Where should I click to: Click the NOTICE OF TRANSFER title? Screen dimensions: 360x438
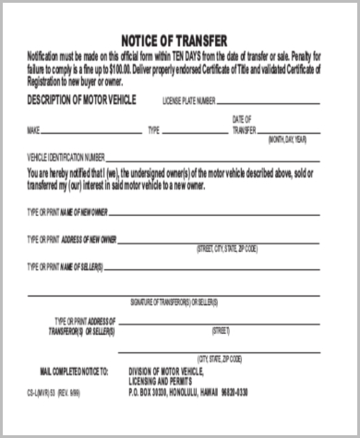click(179, 41)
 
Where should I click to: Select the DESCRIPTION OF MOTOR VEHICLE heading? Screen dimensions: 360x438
click(82, 98)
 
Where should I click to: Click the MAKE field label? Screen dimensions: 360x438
click(35, 131)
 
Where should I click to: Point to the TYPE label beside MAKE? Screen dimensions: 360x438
click(154, 131)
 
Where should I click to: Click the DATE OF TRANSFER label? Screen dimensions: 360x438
click(242, 125)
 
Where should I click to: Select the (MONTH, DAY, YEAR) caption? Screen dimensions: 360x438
click(294, 140)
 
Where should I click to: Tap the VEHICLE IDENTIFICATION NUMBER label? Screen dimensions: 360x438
click(71, 158)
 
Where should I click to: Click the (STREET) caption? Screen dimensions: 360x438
click(221, 329)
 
